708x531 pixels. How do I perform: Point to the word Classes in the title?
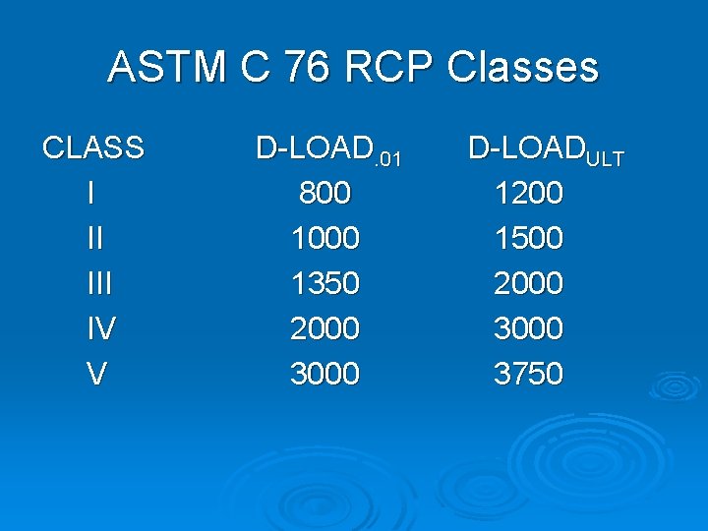click(x=522, y=68)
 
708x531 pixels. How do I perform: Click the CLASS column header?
click(x=93, y=148)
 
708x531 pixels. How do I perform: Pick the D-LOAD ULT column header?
click(x=546, y=150)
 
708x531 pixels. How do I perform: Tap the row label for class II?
click(x=94, y=239)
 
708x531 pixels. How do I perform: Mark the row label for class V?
click(x=95, y=374)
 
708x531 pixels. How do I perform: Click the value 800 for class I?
click(x=324, y=194)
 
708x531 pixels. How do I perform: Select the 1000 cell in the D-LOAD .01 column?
click(x=324, y=239)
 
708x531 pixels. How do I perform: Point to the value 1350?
click(x=324, y=284)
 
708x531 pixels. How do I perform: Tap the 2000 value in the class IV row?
click(x=324, y=328)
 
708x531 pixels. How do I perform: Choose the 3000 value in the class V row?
click(x=324, y=374)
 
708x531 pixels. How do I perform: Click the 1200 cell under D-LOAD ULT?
click(x=528, y=194)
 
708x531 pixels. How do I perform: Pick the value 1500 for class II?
click(x=528, y=239)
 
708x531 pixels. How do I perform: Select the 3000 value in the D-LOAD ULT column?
click(x=528, y=328)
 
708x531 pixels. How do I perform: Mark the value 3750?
click(x=528, y=374)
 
